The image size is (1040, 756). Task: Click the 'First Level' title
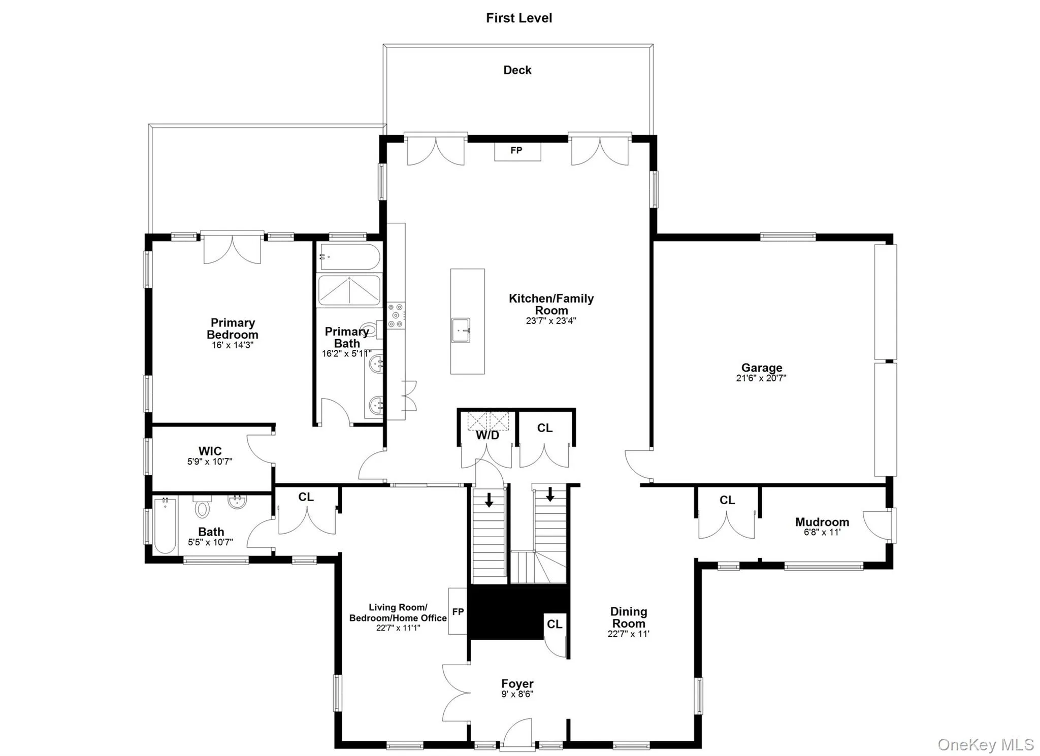point(518,18)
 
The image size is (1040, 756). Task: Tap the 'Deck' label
point(517,70)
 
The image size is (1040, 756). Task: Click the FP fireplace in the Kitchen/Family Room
point(517,151)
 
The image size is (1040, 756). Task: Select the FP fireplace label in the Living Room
point(458,612)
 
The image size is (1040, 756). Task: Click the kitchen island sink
point(461,331)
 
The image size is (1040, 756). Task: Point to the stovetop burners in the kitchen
point(396,315)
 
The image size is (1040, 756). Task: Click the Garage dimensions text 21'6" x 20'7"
point(761,378)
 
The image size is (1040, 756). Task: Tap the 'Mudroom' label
point(822,522)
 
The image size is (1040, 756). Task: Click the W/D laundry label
point(487,436)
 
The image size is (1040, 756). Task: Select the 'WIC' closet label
point(210,451)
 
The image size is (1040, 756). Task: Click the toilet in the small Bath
point(202,507)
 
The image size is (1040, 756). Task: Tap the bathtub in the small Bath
point(165,525)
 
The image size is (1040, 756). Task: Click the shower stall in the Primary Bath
point(349,290)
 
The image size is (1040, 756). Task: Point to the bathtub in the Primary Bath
point(349,257)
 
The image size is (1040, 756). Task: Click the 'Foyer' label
point(517,684)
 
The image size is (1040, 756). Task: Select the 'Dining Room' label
point(628,617)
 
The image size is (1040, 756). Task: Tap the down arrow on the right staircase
point(550,494)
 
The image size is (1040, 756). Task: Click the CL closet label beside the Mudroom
point(727,500)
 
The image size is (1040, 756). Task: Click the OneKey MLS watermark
point(985,745)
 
